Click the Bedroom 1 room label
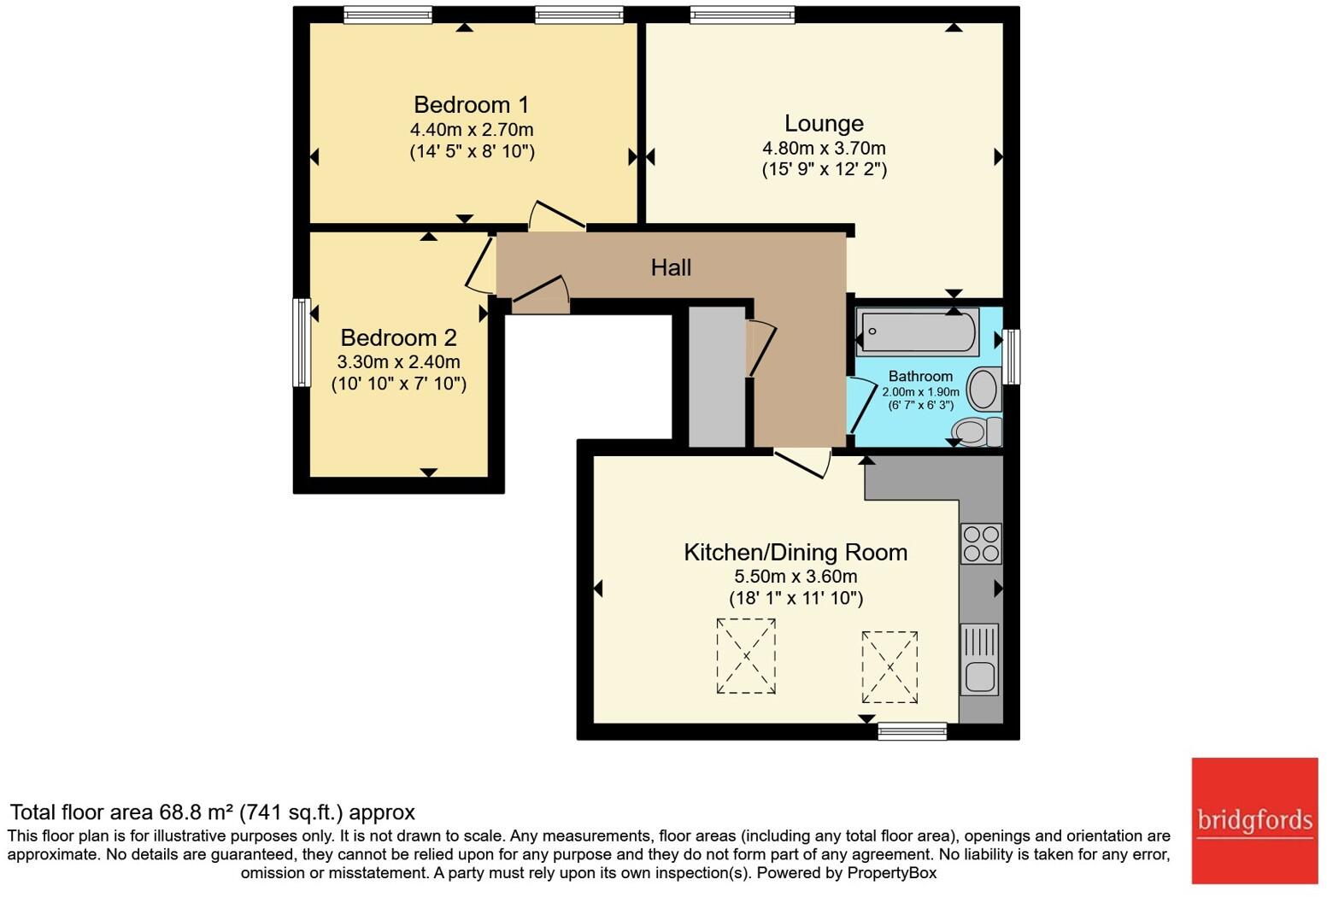471,105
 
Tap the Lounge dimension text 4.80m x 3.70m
824,148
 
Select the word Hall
671,267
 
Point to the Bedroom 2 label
398,337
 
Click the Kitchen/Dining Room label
796,552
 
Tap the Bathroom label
920,376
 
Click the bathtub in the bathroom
918,331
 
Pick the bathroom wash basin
984,390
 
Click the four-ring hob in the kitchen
980,544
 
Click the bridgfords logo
1254,821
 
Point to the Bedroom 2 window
301,342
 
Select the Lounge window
742,15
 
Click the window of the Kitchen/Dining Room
913,731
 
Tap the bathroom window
1012,357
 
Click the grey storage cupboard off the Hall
716,376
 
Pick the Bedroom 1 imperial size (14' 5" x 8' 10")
472,152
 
